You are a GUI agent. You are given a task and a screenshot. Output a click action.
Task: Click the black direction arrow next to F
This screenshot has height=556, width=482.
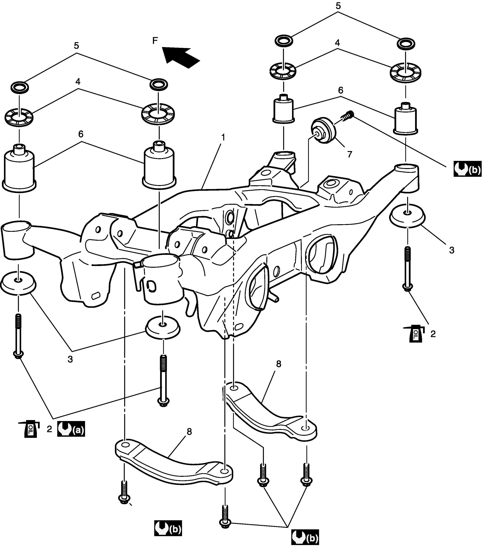181,57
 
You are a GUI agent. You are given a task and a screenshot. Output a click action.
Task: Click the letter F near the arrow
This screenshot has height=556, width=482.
155,41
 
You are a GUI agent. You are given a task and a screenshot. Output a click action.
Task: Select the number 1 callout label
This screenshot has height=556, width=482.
223,138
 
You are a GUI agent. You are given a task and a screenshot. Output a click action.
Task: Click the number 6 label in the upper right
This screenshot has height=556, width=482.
341,90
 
